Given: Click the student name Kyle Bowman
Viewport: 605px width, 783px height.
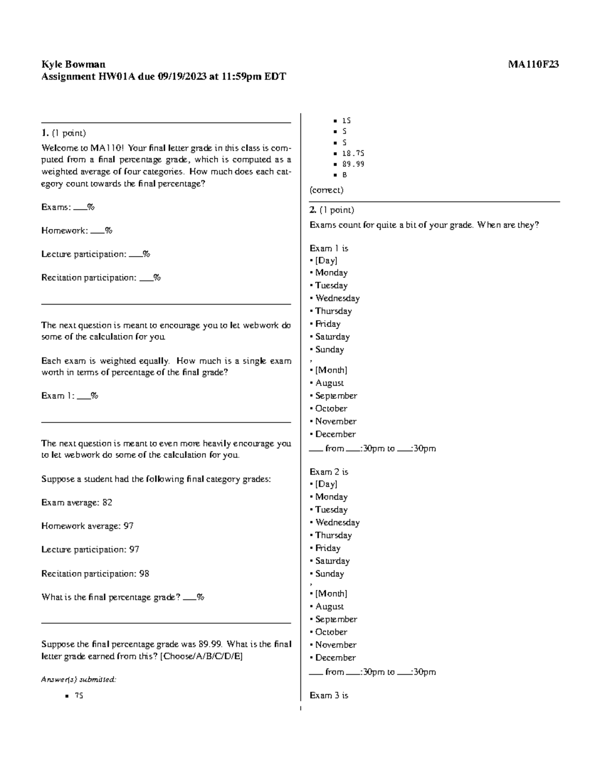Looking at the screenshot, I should click(x=73, y=64).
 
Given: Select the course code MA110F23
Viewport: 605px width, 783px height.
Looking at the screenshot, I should click(x=533, y=64).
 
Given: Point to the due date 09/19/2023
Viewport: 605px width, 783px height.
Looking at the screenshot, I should click(x=181, y=77).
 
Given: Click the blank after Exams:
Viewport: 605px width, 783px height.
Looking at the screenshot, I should click(x=80, y=208).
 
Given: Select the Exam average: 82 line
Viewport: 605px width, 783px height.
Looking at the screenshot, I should click(x=77, y=503).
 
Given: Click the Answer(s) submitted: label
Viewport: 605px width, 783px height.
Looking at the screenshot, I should click(x=79, y=680).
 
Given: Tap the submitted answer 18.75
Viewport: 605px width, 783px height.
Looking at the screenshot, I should click(x=353, y=153).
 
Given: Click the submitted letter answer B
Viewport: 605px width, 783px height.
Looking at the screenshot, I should click(x=345, y=175).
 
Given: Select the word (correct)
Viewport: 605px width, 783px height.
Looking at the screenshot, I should click(x=326, y=190).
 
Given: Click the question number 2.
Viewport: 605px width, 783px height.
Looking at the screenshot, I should click(x=313, y=210).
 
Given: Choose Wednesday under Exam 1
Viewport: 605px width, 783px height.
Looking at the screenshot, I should click(x=337, y=298).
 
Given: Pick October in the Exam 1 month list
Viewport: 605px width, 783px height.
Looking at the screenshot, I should click(x=331, y=408).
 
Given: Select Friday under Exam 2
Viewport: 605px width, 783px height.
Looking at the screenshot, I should click(x=328, y=548).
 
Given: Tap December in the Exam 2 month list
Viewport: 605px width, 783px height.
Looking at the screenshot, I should click(x=335, y=657).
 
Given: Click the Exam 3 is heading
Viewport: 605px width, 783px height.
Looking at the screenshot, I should click(x=329, y=695).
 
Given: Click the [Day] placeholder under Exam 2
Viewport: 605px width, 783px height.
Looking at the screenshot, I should click(x=326, y=484).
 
